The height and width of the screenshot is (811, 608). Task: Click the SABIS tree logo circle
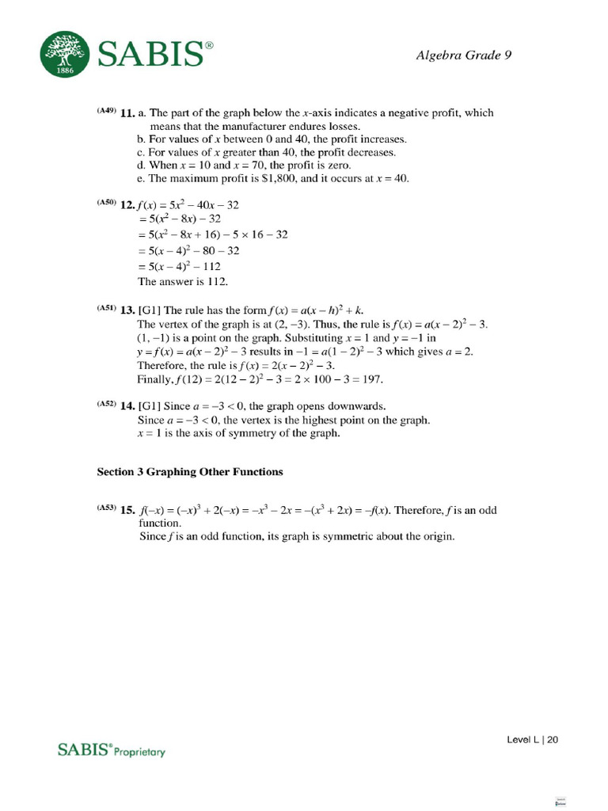pyautogui.click(x=66, y=55)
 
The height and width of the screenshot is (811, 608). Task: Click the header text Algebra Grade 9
pyautogui.click(x=469, y=55)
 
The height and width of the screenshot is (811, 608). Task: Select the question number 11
pyautogui.click(x=127, y=113)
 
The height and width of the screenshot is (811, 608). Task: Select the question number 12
pyautogui.click(x=127, y=204)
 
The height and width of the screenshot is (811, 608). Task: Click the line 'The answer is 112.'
pyautogui.click(x=182, y=281)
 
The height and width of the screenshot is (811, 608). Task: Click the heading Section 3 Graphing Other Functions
pyautogui.click(x=189, y=472)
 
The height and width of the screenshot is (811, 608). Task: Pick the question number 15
pyautogui.click(x=127, y=511)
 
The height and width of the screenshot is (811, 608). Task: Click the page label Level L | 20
pyautogui.click(x=533, y=740)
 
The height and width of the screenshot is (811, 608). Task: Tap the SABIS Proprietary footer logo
pyautogui.click(x=111, y=749)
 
